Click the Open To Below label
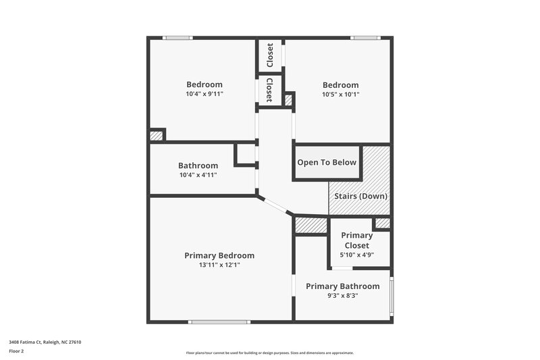click(x=327, y=163)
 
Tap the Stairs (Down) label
click(x=361, y=196)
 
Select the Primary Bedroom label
click(x=219, y=255)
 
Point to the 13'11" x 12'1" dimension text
click(x=219, y=265)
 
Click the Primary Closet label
click(x=357, y=240)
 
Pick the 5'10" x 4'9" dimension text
click(x=357, y=255)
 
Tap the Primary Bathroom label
click(x=343, y=286)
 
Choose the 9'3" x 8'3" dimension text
click(x=343, y=295)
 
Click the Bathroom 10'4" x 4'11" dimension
click(x=198, y=175)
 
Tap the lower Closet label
click(x=269, y=90)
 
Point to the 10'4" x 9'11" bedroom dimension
click(x=204, y=94)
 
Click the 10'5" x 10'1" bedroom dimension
click(x=341, y=94)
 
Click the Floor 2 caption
click(x=16, y=351)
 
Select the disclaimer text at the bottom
click(x=270, y=353)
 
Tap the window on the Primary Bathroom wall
click(x=391, y=293)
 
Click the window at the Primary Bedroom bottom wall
click(x=214, y=322)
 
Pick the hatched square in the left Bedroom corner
click(x=157, y=135)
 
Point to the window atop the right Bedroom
click(x=364, y=38)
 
